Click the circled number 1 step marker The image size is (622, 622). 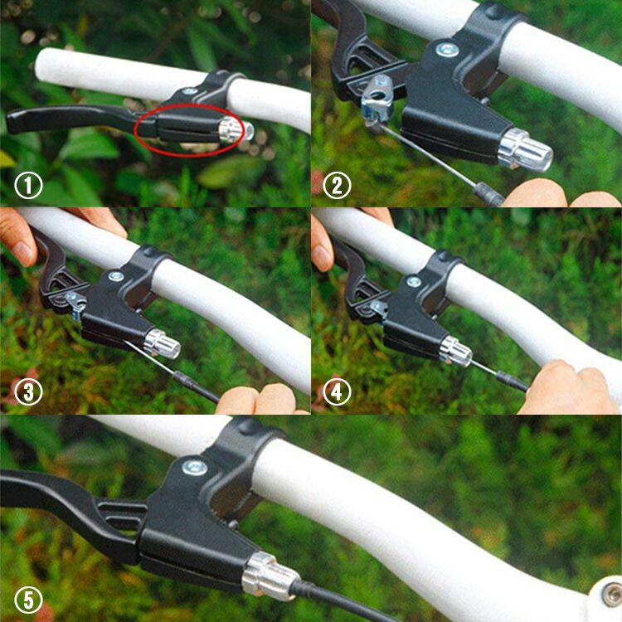(28, 185)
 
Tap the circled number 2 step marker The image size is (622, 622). (337, 185)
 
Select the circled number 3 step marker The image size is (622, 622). (28, 392)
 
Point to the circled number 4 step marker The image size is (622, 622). (337, 392)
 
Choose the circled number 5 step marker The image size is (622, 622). (28, 600)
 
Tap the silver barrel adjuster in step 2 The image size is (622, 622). (524, 149)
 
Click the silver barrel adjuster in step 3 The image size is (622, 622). (162, 343)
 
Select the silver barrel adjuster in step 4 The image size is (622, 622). (455, 351)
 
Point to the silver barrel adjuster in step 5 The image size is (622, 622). (270, 576)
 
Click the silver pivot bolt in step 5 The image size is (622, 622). (194, 468)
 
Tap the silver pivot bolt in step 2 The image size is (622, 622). (448, 50)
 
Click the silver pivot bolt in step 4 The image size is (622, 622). (414, 282)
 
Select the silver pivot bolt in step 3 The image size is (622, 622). (116, 275)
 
